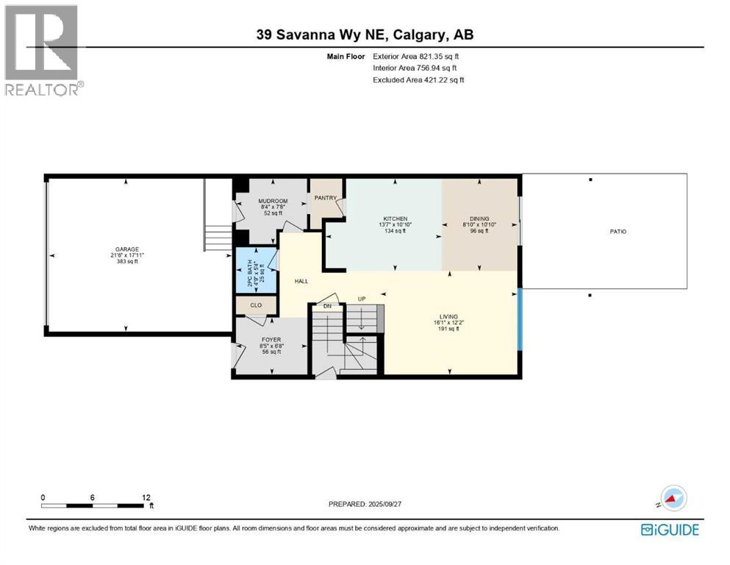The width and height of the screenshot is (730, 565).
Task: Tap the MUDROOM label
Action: [x=272, y=201]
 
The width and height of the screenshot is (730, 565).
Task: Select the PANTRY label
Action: [x=325, y=197]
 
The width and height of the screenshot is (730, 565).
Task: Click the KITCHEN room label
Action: [x=394, y=218]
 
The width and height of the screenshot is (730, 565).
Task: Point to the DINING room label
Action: [x=480, y=218]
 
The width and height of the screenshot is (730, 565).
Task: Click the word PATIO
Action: [x=618, y=232]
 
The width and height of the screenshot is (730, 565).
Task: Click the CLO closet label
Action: [x=255, y=304]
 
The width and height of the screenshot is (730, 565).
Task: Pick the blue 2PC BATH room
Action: [x=256, y=270]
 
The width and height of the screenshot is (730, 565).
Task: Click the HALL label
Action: [x=301, y=281]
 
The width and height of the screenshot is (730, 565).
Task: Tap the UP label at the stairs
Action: [x=361, y=299]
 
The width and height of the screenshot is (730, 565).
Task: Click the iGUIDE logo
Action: [x=670, y=530]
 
